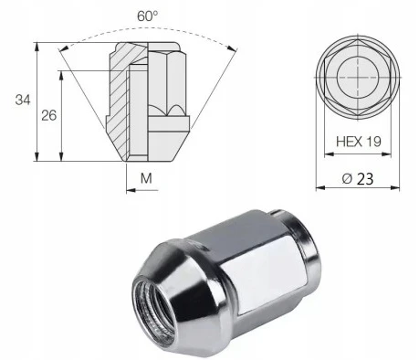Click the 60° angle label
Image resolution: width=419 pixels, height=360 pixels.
(x=148, y=16)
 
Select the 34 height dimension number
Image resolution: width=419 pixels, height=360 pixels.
(x=23, y=100)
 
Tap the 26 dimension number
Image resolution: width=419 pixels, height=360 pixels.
(x=49, y=115)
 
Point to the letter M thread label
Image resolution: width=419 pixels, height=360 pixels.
(x=146, y=178)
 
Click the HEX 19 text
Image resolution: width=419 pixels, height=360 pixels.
(x=359, y=142)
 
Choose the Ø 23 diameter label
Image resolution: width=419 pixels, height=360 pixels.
(x=358, y=179)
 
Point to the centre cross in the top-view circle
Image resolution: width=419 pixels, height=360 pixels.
(x=358, y=78)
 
